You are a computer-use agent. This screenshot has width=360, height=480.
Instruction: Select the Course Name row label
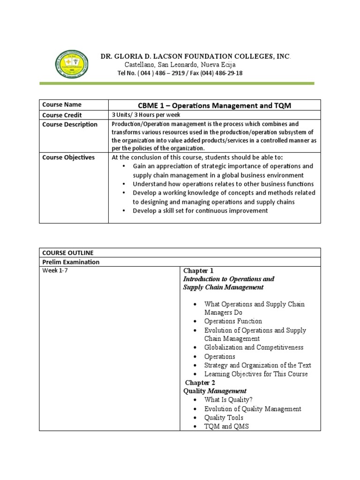tap(62, 105)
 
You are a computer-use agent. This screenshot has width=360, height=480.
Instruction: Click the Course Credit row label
tap(62, 115)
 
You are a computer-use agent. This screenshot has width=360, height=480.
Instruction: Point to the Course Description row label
tap(70, 124)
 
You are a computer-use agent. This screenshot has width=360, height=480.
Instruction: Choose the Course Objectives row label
tap(68, 157)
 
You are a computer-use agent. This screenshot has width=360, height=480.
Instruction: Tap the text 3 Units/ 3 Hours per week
tap(145, 115)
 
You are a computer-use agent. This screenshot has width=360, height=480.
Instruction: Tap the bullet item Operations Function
tap(233, 321)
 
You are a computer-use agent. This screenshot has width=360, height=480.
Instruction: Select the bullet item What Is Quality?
tap(228, 400)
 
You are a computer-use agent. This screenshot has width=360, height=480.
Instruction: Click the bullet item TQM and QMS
tap(226, 426)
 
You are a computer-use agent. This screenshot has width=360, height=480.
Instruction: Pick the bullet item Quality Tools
tap(224, 417)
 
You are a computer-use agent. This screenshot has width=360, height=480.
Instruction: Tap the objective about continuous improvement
tap(200, 210)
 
